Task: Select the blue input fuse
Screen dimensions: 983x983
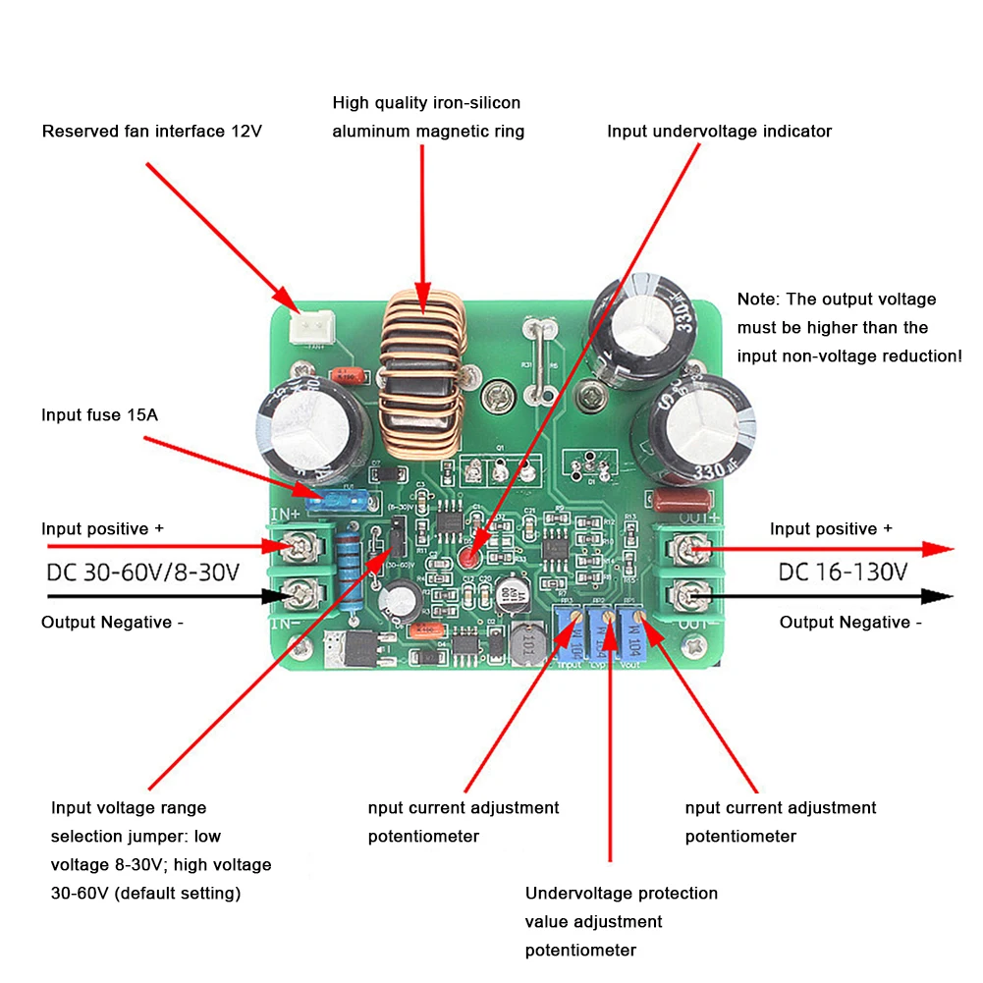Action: (x=335, y=499)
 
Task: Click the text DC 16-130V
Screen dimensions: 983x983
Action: (x=843, y=573)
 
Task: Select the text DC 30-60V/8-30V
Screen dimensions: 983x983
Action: (x=143, y=573)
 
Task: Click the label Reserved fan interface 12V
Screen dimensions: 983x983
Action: (x=151, y=131)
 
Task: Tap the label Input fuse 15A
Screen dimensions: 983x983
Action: (x=99, y=414)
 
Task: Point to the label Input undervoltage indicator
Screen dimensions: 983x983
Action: (x=719, y=131)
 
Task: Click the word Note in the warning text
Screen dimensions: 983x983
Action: (x=756, y=300)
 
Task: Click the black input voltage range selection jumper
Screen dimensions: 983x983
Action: (x=395, y=541)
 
